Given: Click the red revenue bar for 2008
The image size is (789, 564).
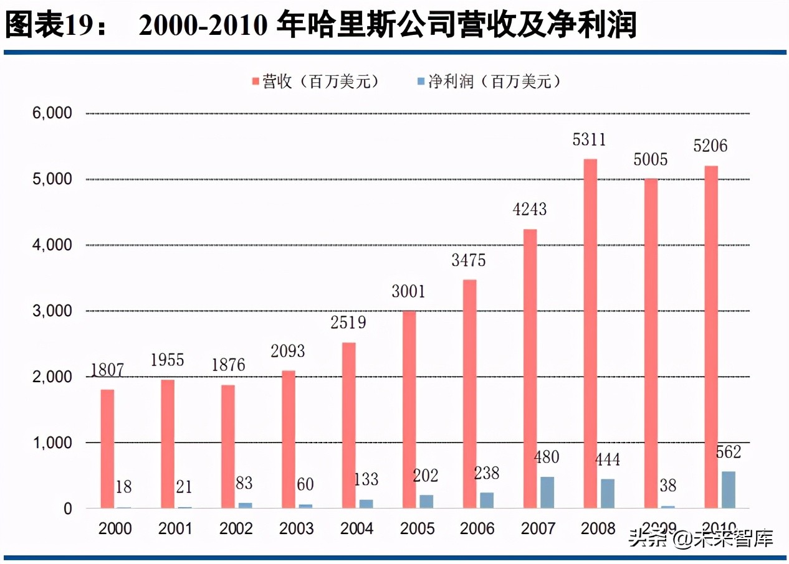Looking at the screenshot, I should (590, 334).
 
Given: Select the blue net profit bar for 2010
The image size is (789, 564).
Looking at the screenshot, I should (728, 490).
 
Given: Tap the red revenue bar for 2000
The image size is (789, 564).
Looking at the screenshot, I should (107, 449).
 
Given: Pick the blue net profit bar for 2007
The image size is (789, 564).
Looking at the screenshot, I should (547, 492).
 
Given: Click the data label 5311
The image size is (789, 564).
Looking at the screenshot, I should (589, 139).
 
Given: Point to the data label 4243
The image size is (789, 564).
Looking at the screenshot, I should (529, 209).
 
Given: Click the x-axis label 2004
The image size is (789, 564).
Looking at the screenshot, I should (356, 529).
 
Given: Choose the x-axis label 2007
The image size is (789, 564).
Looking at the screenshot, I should (538, 529).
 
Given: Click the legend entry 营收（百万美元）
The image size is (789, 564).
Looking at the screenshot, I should (315, 82).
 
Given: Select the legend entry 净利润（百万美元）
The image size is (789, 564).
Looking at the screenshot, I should (489, 82).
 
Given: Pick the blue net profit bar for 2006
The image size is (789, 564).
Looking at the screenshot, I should (486, 501).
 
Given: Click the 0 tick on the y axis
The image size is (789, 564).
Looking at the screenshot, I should (67, 509).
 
